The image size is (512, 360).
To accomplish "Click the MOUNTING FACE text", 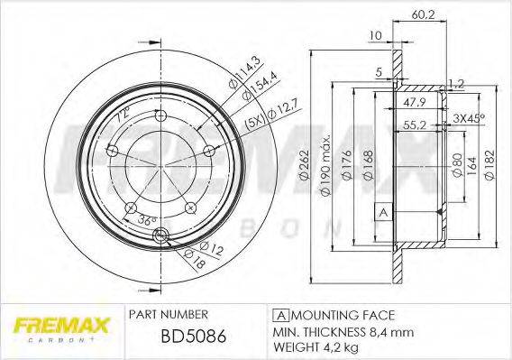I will (335, 314).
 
